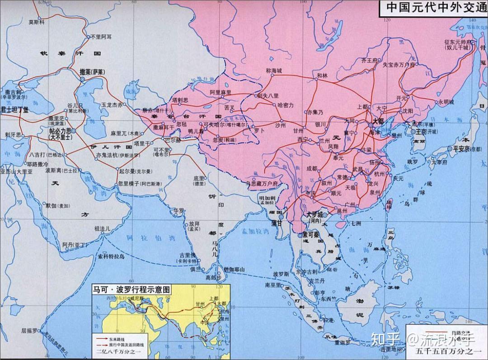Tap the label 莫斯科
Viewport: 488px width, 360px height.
click(x=37, y=21)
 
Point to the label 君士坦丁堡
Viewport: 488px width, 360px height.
click(x=14, y=109)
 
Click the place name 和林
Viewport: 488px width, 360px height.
click(x=322, y=76)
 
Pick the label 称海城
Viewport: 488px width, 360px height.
click(x=274, y=71)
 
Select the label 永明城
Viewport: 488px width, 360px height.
click(x=446, y=102)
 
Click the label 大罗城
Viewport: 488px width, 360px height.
click(x=315, y=214)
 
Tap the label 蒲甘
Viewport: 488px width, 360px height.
click(x=277, y=223)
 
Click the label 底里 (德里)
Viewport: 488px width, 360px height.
click(x=199, y=180)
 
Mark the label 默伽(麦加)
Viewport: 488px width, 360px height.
click(x=57, y=205)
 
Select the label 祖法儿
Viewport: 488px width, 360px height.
click(x=102, y=229)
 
